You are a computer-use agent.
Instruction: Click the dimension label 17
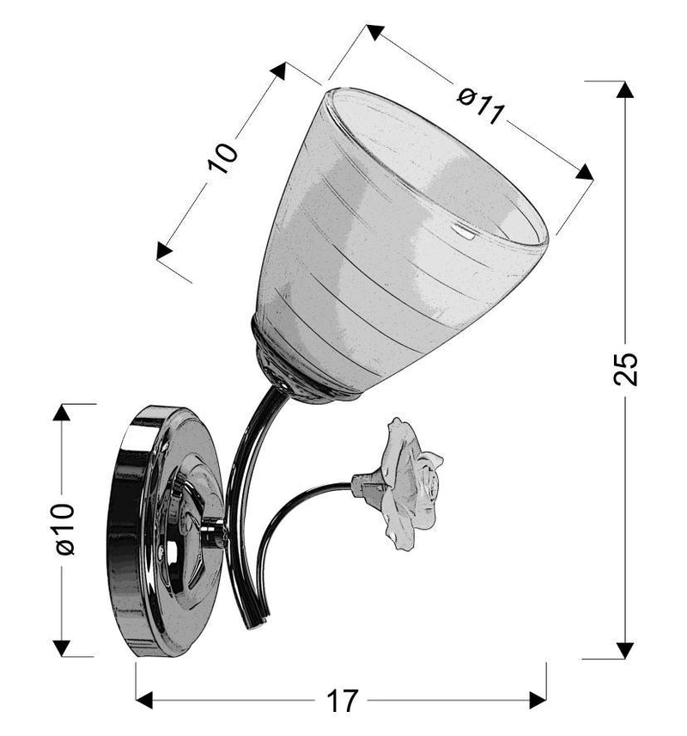coord(341,700)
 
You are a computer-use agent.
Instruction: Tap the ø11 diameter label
coord(478,106)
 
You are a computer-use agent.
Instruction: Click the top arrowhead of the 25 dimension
coord(626,89)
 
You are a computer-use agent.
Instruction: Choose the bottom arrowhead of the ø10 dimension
coord(62,647)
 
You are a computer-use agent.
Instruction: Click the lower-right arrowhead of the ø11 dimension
coord(585,172)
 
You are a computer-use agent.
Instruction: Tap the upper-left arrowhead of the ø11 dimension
coord(374,34)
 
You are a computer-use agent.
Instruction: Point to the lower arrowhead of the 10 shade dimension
coord(164,251)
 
